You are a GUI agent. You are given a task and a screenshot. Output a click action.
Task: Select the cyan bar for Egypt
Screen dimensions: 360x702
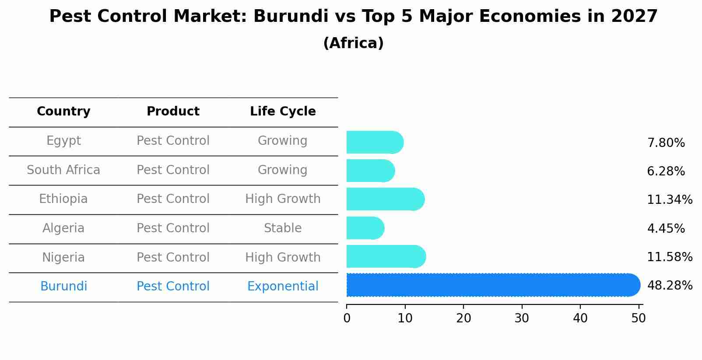(x=375, y=143)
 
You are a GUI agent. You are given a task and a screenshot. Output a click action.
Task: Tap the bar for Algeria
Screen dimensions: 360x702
(x=365, y=228)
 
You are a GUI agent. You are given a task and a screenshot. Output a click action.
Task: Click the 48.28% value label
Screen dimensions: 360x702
(x=670, y=286)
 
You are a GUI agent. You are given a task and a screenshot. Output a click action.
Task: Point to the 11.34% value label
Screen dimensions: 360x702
(x=670, y=200)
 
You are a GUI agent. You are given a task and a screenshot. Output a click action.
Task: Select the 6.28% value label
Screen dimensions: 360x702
(x=666, y=171)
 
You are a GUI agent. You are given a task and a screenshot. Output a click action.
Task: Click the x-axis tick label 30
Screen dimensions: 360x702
(x=522, y=318)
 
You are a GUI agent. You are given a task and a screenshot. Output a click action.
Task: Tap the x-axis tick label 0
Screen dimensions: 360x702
(x=347, y=318)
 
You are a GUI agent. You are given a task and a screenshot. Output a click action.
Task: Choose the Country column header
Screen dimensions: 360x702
(x=63, y=112)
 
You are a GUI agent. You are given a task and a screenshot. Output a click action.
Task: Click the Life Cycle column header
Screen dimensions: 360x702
(x=283, y=112)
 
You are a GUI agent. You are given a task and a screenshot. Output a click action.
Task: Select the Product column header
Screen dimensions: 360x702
(x=173, y=112)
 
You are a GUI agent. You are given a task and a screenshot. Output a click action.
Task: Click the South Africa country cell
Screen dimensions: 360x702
(x=63, y=170)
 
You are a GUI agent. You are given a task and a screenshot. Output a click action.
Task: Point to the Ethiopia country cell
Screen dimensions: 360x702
(x=63, y=199)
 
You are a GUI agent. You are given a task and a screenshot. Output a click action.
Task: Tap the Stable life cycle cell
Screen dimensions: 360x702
(x=283, y=228)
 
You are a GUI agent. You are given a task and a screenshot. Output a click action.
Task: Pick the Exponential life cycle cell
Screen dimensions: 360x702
(x=283, y=287)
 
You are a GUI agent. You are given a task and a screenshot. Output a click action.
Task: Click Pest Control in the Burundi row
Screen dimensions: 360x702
(x=173, y=287)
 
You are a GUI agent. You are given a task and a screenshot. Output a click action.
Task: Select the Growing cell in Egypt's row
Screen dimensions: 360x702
(x=283, y=141)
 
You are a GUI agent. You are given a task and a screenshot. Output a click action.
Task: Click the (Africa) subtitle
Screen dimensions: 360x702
(x=353, y=43)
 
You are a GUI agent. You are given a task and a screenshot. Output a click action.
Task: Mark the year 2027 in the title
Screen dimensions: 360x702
(x=634, y=17)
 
